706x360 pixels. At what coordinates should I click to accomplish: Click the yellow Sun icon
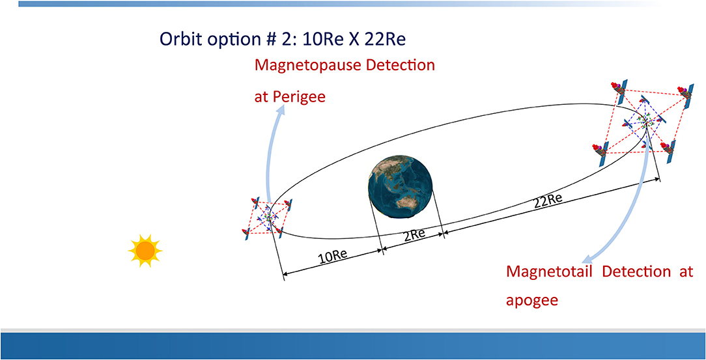[145, 251]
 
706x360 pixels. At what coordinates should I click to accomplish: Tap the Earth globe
[400, 186]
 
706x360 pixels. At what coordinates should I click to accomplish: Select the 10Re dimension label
[332, 257]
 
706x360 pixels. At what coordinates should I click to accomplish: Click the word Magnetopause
[306, 66]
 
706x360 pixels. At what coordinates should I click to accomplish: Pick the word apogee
[532, 301]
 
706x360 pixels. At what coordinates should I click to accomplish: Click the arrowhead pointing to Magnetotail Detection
[587, 258]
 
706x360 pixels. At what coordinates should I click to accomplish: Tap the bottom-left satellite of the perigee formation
[247, 234]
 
